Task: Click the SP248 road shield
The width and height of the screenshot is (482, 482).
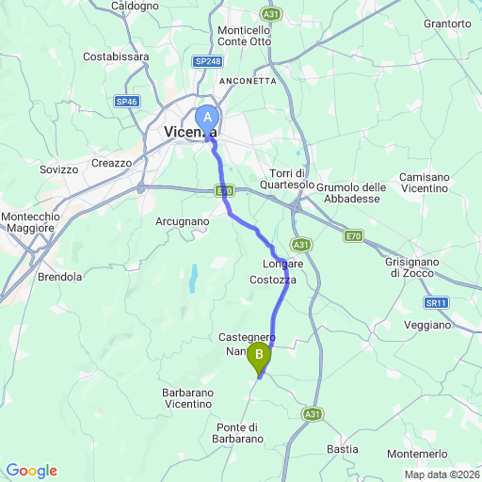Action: tap(207, 61)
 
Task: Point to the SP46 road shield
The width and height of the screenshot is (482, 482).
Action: tap(127, 101)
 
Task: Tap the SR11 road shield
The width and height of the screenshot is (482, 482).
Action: tap(435, 302)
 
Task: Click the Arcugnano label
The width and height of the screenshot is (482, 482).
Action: tap(182, 221)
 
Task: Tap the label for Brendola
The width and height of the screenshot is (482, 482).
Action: tap(60, 278)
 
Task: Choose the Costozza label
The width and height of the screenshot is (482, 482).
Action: tap(274, 281)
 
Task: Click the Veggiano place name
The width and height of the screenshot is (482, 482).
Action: tap(427, 325)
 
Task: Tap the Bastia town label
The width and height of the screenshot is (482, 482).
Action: tap(343, 449)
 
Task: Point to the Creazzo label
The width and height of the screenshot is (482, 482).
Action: tap(112, 163)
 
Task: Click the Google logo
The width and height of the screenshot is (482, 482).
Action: tap(31, 471)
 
